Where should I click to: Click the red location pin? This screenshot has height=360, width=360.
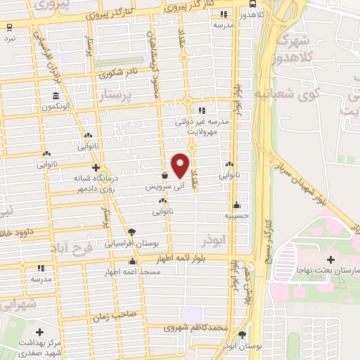click(181, 165)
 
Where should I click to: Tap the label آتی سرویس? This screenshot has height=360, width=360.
click(160, 188)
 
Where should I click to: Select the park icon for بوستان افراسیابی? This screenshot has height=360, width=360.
click(132, 232)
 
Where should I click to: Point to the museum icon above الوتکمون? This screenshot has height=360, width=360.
click(55, 96)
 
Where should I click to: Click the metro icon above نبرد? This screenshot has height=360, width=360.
click(9, 29)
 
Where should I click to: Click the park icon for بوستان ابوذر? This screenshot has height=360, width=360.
click(243, 335)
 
